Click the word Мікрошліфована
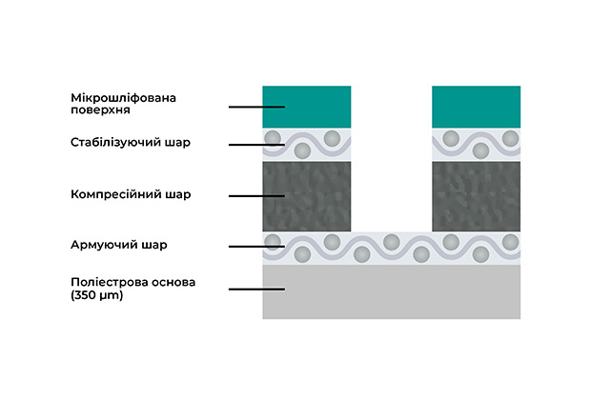click(x=125, y=97)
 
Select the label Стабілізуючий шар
click(x=131, y=144)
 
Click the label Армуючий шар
click(x=119, y=245)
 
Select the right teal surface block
click(x=476, y=106)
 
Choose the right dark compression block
click(x=476, y=195)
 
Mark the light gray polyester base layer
click(x=391, y=291)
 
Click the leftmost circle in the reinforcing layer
click(x=274, y=240)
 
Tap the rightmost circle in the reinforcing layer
click(x=511, y=240)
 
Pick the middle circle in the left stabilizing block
click(x=303, y=150)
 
